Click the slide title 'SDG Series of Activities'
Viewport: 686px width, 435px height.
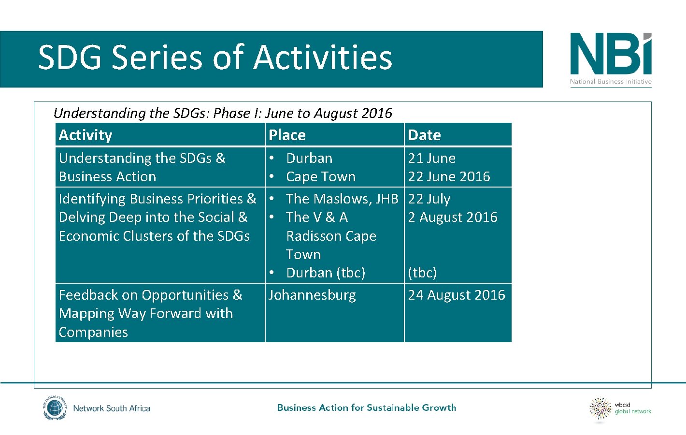[x=215, y=58]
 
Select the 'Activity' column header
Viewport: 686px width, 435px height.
[x=86, y=135]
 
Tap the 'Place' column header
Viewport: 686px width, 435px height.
[x=287, y=135]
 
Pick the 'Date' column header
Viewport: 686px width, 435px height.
[x=424, y=135]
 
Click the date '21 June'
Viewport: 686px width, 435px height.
[x=431, y=158]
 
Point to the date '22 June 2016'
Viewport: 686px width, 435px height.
[x=449, y=176]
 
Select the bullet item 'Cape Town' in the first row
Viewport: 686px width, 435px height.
[x=320, y=177]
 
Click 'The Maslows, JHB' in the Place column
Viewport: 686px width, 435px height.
[x=342, y=199]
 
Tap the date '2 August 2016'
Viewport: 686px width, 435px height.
[x=452, y=217]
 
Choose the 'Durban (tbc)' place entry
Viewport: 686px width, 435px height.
[x=325, y=273]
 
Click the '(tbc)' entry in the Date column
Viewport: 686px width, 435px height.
[x=422, y=273]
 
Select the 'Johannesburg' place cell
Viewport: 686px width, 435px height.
[x=312, y=295]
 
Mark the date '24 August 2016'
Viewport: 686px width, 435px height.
[x=456, y=295]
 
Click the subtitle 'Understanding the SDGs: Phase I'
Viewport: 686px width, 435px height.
[x=223, y=113]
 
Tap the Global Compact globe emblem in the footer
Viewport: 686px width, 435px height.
[x=54, y=408]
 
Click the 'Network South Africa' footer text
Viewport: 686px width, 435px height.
[x=112, y=408]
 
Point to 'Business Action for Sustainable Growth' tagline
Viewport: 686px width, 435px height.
[x=367, y=407]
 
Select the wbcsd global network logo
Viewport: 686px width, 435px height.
[x=619, y=409]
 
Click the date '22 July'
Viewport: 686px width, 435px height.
[x=429, y=199]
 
